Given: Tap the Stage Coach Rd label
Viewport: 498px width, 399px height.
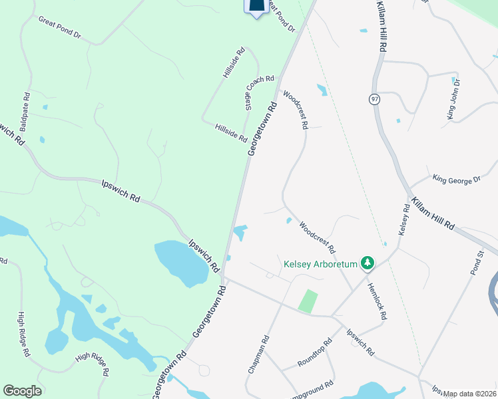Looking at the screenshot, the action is click(x=259, y=93).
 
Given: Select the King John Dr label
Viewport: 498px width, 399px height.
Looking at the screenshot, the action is click(x=454, y=100).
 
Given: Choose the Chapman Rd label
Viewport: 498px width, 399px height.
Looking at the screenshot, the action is click(x=258, y=354).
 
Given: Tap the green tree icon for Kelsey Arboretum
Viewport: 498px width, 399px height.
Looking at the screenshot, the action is click(x=367, y=264).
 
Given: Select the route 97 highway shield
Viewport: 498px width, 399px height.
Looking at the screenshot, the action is click(x=375, y=99).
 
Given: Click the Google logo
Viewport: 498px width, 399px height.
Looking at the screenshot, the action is click(x=22, y=391).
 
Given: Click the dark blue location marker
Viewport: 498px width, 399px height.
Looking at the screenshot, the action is click(x=257, y=7).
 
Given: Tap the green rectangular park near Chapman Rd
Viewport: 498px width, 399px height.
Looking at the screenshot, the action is click(x=308, y=301).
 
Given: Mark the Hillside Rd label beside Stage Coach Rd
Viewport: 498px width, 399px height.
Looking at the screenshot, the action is click(x=231, y=133).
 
